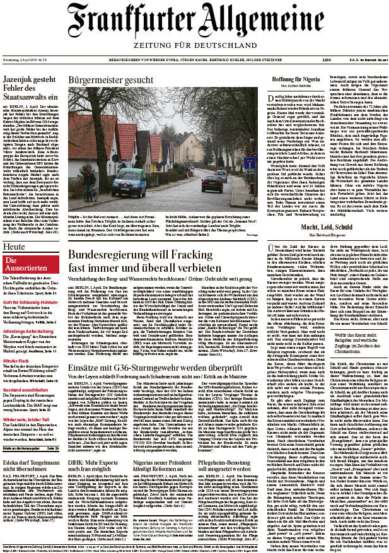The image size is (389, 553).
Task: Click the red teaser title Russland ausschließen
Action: (x=26, y=371)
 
